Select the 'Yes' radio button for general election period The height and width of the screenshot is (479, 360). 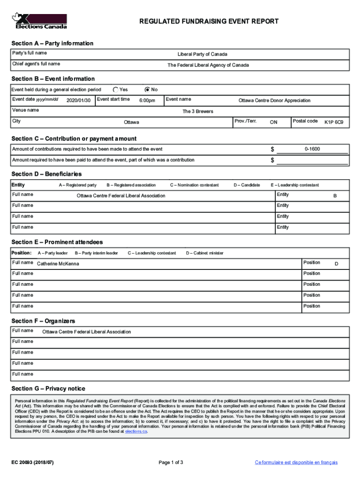point(115,89)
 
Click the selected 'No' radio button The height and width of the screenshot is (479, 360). point(148,89)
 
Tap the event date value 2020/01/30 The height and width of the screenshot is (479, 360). point(78,101)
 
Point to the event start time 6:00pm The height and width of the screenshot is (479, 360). point(147,101)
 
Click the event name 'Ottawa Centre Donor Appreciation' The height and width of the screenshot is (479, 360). point(274,101)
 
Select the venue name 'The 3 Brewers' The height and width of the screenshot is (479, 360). point(197,111)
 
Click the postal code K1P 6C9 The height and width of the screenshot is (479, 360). point(334,122)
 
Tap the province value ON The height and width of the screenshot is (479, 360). point(274,122)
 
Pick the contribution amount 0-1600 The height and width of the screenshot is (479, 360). point(312,149)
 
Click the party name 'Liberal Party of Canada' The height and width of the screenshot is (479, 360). point(202,54)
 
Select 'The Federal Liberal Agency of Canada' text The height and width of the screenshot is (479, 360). point(208,65)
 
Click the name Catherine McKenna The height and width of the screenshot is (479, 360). point(58,264)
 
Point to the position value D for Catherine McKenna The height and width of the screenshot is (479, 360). point(336,264)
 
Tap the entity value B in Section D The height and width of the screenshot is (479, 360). point(335,196)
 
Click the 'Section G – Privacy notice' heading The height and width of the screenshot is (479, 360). point(48,389)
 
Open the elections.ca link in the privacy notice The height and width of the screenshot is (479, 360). point(136,432)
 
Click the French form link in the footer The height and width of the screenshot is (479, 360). point(296,463)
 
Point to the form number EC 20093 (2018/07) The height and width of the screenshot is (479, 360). point(33,463)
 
